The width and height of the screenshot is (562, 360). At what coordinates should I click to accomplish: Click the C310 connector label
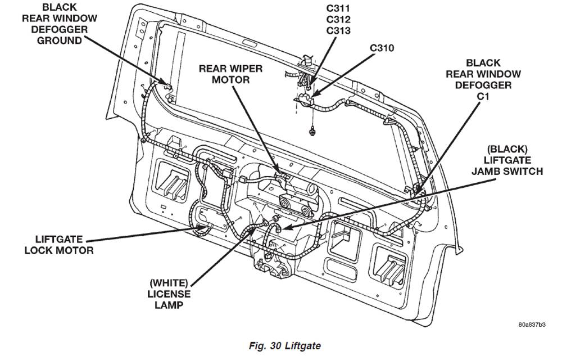[382, 48]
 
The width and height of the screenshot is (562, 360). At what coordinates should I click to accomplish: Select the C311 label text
[338, 8]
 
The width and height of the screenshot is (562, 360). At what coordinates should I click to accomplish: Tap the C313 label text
[338, 31]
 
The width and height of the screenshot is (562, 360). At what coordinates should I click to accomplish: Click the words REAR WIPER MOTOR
[230, 74]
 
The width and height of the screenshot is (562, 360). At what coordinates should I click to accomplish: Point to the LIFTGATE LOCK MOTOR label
[59, 245]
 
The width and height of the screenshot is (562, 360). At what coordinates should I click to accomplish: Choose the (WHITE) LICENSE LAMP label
[169, 294]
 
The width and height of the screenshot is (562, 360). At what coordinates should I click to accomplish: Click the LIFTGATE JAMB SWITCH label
[507, 160]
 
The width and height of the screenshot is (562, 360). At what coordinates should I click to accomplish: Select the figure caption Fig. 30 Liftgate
[284, 346]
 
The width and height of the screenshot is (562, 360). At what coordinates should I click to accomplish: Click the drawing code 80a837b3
[532, 325]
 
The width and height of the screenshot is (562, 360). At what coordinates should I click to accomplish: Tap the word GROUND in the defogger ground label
[60, 40]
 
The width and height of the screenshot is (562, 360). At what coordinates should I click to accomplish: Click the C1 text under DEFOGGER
[483, 96]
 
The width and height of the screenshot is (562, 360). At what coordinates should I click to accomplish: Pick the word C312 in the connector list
[338, 19]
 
